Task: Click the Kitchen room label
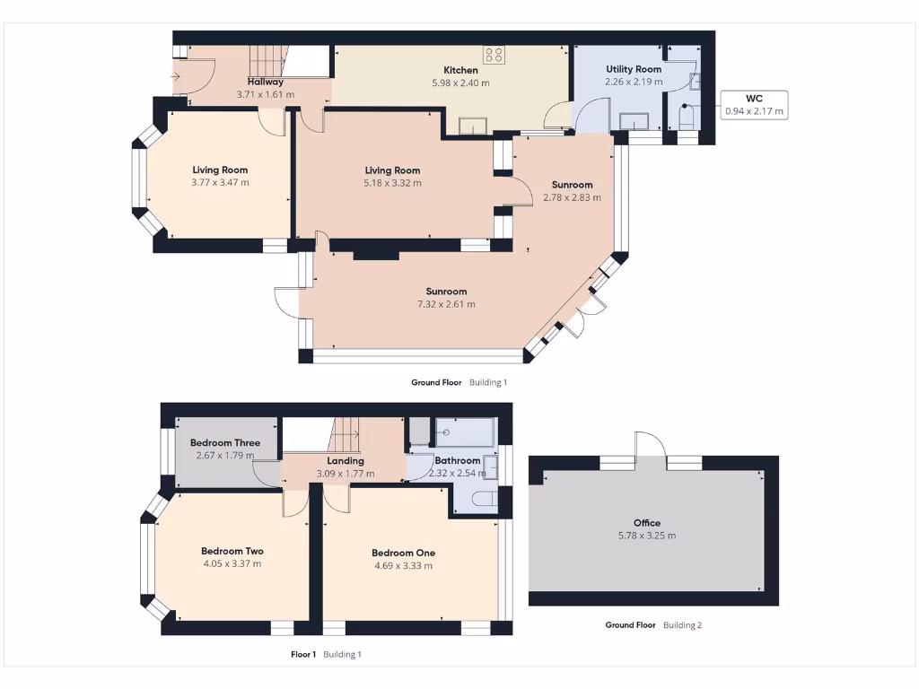[460, 70]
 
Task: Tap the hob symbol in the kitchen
[494, 54]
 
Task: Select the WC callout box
[754, 105]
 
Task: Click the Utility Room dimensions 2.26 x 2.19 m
[633, 82]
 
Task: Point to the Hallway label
[265, 82]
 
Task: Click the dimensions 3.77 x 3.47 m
[220, 182]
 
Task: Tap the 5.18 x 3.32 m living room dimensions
[392, 183]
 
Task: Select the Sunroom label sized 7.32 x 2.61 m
[446, 292]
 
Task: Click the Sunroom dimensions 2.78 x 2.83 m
[572, 197]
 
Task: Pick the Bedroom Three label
[225, 443]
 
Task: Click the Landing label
[346, 461]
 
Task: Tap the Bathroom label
[457, 461]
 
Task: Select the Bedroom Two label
[232, 552]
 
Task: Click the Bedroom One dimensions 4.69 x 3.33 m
[403, 566]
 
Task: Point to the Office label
[646, 523]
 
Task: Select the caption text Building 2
[682, 625]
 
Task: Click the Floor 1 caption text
[303, 655]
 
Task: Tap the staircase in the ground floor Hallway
[267, 61]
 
